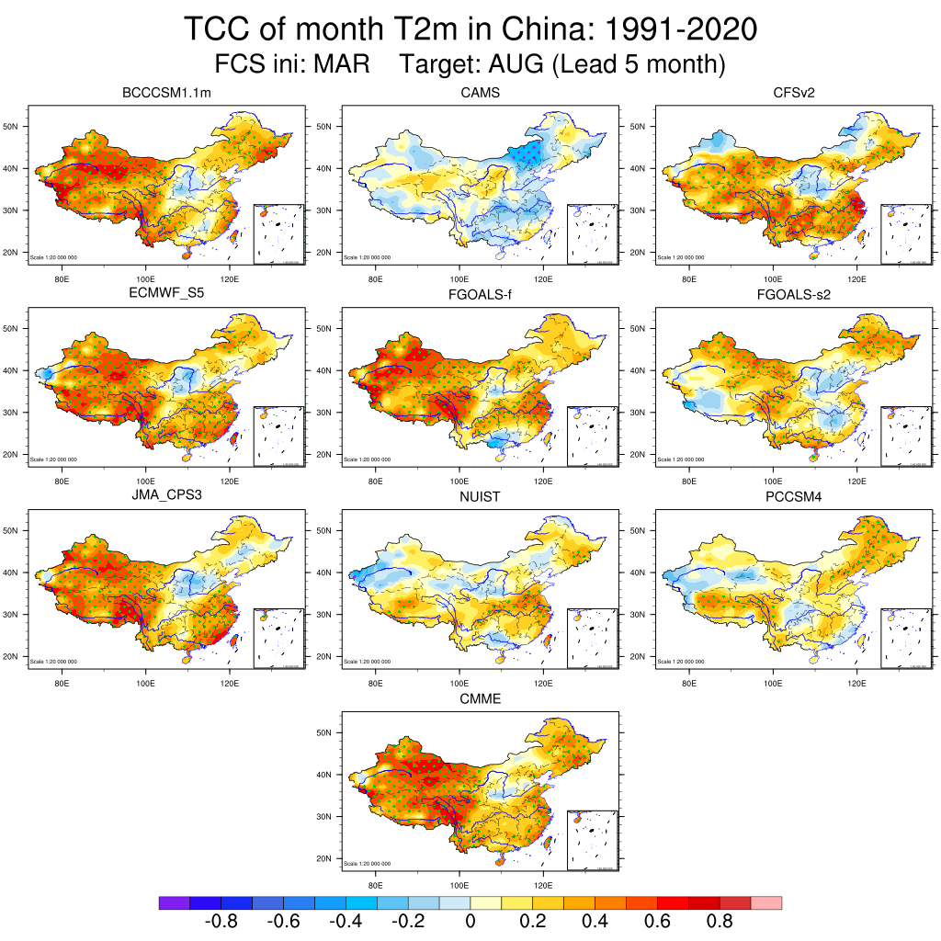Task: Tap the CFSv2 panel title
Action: [x=793, y=93]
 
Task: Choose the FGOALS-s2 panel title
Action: [x=793, y=295]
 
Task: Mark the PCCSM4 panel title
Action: [x=793, y=497]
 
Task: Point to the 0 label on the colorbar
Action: [x=470, y=922]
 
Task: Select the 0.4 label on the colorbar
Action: [x=595, y=922]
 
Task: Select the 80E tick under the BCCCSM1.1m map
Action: [x=62, y=278]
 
